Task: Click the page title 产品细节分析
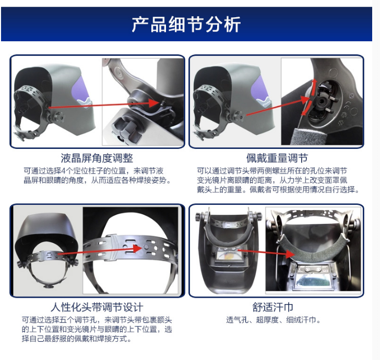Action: tap(186, 24)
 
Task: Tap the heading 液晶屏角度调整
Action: tap(97, 158)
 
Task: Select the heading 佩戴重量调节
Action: tap(277, 158)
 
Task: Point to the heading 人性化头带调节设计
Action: tap(97, 307)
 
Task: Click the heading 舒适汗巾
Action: tap(273, 307)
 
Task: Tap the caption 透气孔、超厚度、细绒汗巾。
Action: tap(274, 320)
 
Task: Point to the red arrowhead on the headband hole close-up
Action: tap(138, 248)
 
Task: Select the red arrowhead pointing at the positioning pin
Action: tap(153, 103)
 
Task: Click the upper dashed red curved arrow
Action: tap(313, 88)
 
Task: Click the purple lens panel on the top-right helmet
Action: tap(261, 90)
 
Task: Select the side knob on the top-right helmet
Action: tap(238, 118)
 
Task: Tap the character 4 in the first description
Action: tap(63, 171)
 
